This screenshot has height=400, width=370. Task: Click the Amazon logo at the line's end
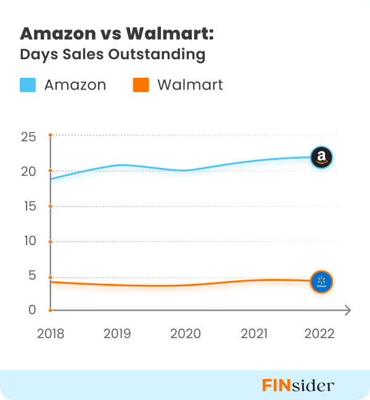(x=321, y=158)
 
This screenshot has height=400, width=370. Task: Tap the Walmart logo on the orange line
(x=321, y=282)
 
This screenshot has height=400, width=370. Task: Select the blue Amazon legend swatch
(x=28, y=85)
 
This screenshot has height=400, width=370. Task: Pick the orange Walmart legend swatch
(x=141, y=85)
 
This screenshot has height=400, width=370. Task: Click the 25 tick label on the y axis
(x=29, y=136)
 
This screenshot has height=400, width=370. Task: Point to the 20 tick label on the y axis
(x=29, y=171)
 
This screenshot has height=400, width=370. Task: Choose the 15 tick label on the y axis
(x=29, y=206)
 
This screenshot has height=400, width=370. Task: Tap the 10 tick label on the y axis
(x=29, y=240)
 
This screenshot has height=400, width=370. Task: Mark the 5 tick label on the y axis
(x=33, y=275)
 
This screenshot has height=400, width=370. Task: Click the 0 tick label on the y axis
(x=33, y=309)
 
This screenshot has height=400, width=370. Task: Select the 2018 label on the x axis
(x=50, y=334)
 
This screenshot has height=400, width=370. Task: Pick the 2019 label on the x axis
(x=117, y=334)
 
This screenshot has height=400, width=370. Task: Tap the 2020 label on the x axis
(x=186, y=334)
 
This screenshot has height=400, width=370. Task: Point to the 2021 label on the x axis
(x=253, y=334)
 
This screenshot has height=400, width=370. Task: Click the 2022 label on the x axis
(x=319, y=334)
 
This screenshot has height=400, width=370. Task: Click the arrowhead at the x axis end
(x=347, y=310)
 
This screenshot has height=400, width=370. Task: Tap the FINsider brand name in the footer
(x=298, y=386)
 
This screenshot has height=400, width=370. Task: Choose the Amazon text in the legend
(x=75, y=85)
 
